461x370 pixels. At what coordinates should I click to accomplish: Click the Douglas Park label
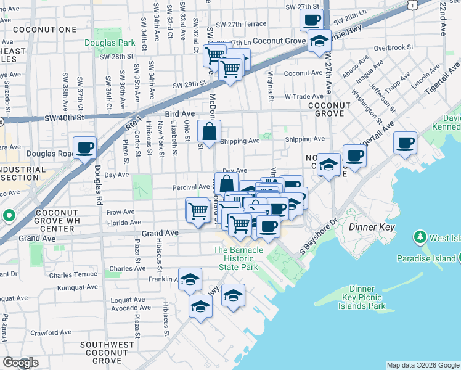110,43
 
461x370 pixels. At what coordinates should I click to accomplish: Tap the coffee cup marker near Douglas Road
85,148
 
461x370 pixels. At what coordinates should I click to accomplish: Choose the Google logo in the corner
21,363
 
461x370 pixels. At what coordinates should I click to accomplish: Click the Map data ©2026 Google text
423,365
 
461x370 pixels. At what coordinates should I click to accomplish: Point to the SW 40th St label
64,118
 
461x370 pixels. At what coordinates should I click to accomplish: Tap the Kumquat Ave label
77,287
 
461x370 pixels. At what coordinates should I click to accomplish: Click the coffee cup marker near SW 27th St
312,20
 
